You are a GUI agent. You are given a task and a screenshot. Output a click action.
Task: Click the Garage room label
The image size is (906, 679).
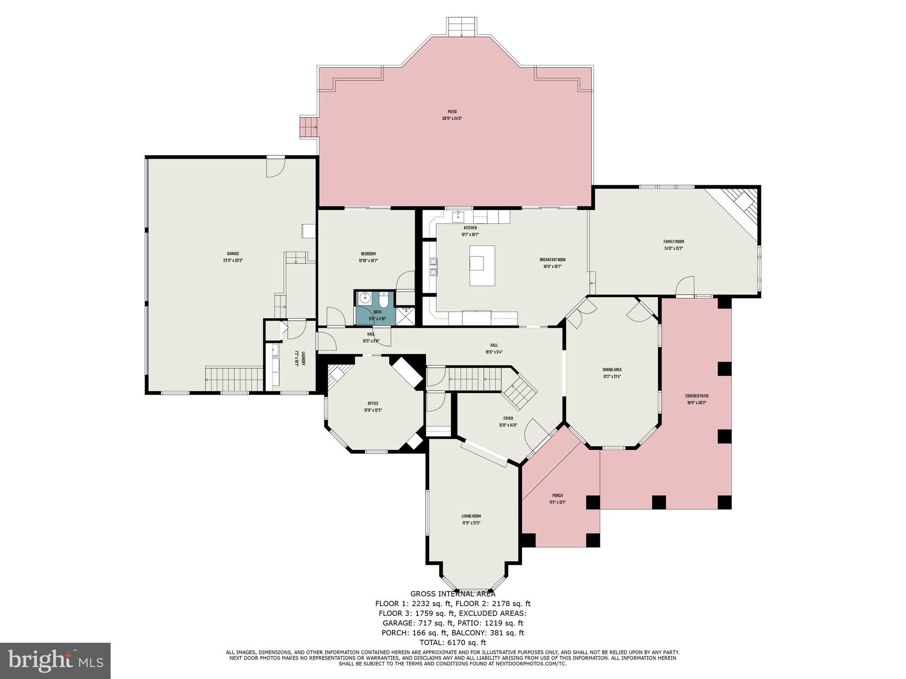[233, 254]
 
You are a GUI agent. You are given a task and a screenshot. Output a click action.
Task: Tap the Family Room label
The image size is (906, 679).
[673, 242]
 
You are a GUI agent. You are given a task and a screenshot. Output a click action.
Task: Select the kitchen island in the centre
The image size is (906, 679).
[482, 266]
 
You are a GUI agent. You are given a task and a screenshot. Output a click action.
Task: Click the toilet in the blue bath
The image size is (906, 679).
[384, 300]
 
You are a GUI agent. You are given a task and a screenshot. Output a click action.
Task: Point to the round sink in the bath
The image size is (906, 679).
[365, 298]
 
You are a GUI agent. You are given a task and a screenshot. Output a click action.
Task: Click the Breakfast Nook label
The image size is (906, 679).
[552, 260]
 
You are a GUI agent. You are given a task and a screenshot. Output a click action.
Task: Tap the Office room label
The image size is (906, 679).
[373, 403]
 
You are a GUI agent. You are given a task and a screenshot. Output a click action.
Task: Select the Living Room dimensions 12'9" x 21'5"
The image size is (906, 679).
[471, 523]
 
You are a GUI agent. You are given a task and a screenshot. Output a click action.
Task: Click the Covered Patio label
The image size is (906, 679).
[697, 396]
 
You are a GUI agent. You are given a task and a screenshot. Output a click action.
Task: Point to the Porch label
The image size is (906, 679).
[557, 496]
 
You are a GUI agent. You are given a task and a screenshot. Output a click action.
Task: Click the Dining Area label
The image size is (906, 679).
[612, 370]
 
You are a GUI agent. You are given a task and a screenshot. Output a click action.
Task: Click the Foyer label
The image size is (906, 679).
[508, 418]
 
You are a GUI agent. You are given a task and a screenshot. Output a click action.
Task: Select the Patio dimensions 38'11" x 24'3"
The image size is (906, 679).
[452, 118]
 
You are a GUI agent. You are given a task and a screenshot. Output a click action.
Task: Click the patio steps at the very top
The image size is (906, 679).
[461, 27]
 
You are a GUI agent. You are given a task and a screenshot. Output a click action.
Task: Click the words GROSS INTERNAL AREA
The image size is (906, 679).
[453, 594]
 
